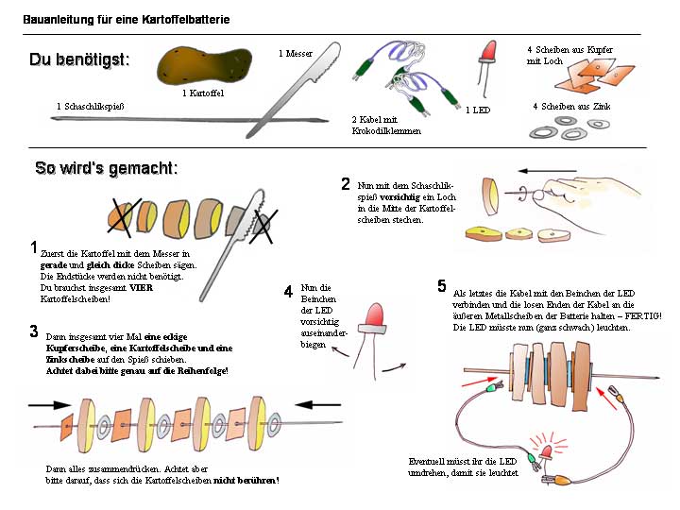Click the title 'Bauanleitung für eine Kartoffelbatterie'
(x=127, y=19)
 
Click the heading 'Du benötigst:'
(x=79, y=59)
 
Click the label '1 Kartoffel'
(x=203, y=93)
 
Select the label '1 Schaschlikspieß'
(x=92, y=106)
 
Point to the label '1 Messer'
(x=296, y=54)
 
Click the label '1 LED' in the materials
(x=478, y=110)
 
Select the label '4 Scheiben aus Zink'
(x=571, y=107)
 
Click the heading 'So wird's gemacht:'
(x=106, y=169)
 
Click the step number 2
(x=346, y=184)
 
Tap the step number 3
(x=33, y=331)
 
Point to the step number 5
(x=442, y=285)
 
